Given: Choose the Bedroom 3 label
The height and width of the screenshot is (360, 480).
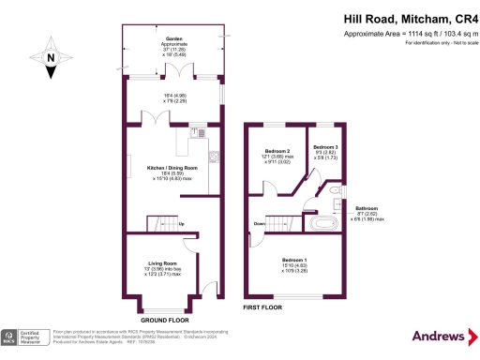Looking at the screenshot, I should (325, 147).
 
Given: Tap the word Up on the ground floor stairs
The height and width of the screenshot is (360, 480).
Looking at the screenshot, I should (181, 222).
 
